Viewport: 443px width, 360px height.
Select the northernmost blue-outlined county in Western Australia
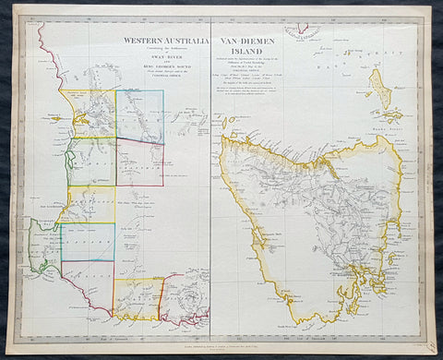pos(139,116)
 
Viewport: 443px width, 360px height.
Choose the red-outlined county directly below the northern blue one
pos(139,163)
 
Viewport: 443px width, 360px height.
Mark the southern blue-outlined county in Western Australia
pos(88,242)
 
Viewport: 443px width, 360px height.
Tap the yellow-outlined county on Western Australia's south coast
pos(136,299)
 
